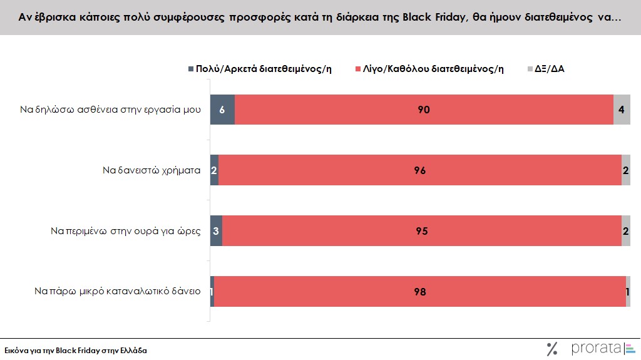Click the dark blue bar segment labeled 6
[x=222, y=110]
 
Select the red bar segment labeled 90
[x=424, y=110]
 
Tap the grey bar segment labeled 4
[x=622, y=110]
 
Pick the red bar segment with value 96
[x=419, y=170]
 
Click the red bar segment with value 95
[x=421, y=231]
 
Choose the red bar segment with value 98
[x=419, y=291]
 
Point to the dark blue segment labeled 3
[x=216, y=231]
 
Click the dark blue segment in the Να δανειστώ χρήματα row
[x=214, y=170]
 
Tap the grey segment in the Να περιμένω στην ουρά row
[x=625, y=231]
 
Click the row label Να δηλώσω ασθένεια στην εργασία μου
[x=110, y=110]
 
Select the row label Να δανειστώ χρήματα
[x=151, y=170]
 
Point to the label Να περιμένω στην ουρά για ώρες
[x=125, y=231]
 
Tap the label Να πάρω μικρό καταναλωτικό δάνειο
[x=117, y=291]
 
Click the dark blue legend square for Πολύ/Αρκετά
[x=191, y=69]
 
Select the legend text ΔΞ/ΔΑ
[x=549, y=69]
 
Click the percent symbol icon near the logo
[x=552, y=349]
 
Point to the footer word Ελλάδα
[x=132, y=351]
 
